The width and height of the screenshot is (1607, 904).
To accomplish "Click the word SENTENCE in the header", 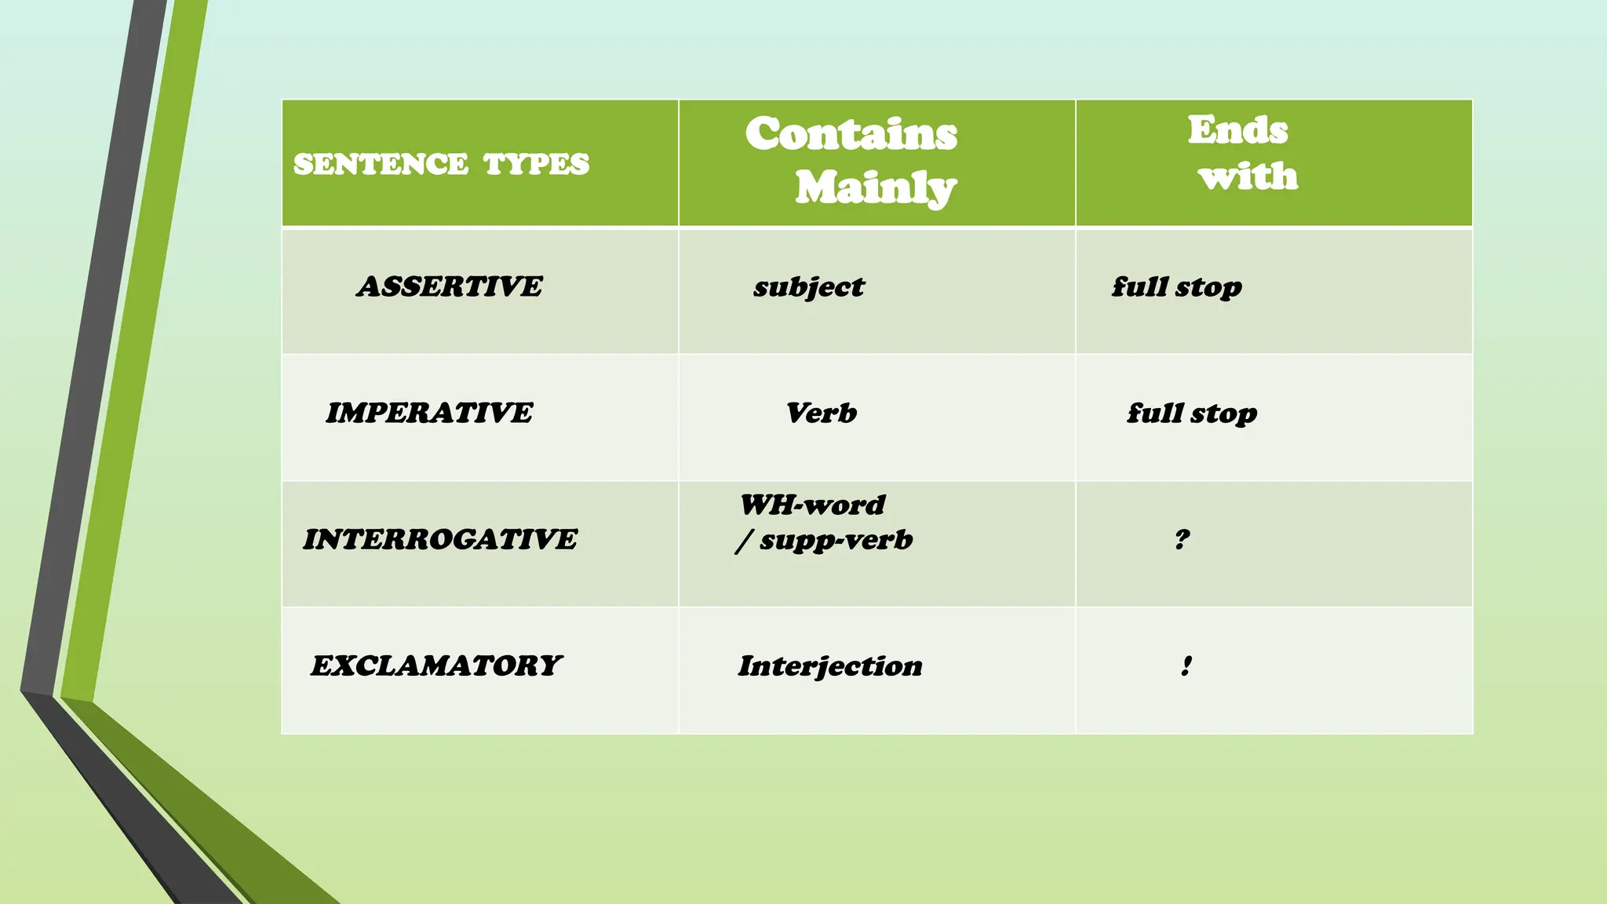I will point(381,164).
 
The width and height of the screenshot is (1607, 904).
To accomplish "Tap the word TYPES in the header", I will point(536,164).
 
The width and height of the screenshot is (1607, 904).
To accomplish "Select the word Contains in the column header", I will point(851,133).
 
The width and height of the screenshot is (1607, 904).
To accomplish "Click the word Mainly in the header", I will point(876,188).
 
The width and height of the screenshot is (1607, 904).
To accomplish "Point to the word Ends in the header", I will point(1237,129).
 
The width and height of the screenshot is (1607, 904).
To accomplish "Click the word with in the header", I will point(1248,176).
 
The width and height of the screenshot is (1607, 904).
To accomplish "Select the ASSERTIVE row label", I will point(449,286).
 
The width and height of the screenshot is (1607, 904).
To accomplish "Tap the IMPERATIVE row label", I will point(429,413).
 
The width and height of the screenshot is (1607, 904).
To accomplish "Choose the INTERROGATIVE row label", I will point(440,539).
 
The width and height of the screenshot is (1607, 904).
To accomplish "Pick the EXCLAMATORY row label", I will point(436,665).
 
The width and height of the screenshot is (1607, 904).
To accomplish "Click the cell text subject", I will point(809,287).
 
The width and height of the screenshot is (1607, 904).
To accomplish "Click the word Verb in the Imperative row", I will point(822,413).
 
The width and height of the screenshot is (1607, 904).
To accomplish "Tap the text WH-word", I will point(812,505).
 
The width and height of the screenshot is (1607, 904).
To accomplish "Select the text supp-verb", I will point(836,540).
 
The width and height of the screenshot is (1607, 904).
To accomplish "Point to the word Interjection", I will point(830,666).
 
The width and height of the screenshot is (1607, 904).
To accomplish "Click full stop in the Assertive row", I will point(1176,287).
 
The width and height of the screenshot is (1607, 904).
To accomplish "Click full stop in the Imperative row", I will point(1192,414).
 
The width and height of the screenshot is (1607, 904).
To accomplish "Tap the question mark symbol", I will point(1182,539).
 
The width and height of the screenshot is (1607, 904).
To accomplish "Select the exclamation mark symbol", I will point(1186,665).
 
